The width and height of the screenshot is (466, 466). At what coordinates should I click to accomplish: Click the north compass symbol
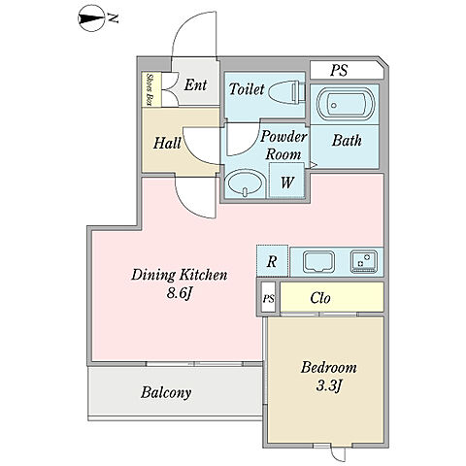click(91, 18)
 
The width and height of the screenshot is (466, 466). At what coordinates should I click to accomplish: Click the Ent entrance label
click(195, 85)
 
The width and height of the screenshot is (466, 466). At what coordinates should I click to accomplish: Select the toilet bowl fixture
click(286, 92)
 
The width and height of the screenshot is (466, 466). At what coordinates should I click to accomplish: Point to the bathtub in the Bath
click(346, 104)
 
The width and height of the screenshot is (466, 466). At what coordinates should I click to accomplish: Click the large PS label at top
click(339, 70)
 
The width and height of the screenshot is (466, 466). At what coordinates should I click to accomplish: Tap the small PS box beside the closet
click(268, 298)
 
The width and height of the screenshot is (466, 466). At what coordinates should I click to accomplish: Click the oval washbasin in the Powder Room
click(246, 183)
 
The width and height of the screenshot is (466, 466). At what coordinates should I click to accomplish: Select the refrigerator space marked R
click(272, 261)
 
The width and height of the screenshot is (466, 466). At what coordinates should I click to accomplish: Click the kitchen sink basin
click(318, 262)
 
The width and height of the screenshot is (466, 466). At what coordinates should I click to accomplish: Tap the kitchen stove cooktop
click(364, 261)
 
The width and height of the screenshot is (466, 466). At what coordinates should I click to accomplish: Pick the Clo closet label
click(320, 298)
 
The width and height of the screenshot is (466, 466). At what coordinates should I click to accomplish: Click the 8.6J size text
click(180, 293)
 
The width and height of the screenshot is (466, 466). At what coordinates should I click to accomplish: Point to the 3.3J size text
click(329, 385)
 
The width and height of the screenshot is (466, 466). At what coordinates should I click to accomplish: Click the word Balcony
click(166, 393)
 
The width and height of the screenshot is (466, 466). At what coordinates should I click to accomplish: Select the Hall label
click(167, 143)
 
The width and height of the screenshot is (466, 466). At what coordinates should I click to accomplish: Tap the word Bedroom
click(329, 368)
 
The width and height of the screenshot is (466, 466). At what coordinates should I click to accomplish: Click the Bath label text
click(347, 140)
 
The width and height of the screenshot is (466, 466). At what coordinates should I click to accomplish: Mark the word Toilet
click(247, 89)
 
